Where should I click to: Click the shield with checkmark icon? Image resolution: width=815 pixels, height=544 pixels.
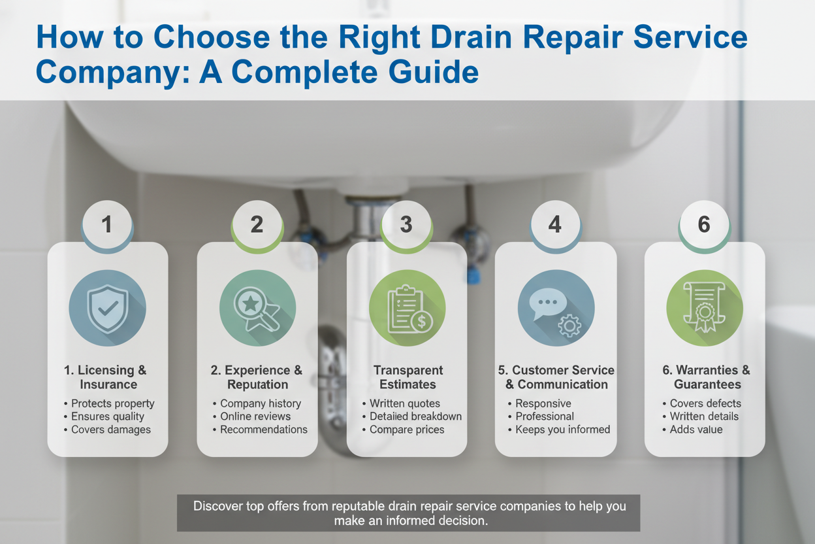[107, 308]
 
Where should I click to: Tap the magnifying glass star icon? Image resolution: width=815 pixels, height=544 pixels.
[257, 308]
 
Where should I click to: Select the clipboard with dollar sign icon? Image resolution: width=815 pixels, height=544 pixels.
[407, 308]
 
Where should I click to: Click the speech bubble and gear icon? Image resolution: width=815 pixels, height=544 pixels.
[556, 308]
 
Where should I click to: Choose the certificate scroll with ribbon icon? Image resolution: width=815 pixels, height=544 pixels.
[705, 308]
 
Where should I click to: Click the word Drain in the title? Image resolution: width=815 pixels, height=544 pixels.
[472, 37]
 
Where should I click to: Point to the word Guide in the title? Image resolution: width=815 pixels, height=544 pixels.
[434, 71]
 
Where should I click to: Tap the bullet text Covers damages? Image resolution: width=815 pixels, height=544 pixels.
[111, 430]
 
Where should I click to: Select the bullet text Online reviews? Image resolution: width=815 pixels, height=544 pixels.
[255, 416]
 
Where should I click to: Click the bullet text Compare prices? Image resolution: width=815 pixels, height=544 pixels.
[407, 430]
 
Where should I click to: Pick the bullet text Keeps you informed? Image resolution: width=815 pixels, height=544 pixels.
[562, 430]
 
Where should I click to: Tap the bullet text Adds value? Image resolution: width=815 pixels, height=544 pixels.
[696, 429]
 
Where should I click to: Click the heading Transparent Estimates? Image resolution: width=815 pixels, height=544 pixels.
[408, 377]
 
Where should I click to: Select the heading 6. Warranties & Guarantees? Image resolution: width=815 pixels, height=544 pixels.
[707, 377]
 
